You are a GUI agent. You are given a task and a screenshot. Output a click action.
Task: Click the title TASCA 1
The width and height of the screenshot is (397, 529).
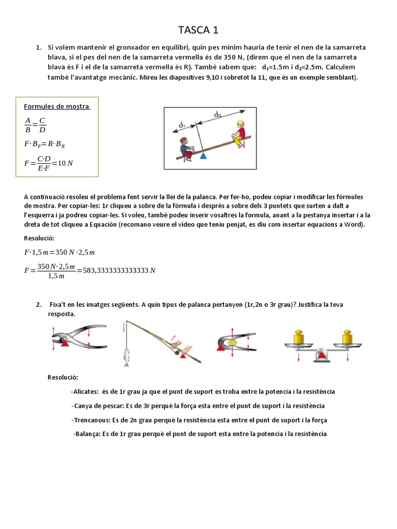pos(198,29)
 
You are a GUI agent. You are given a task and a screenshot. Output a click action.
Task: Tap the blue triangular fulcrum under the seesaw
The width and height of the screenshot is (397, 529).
pos(203,155)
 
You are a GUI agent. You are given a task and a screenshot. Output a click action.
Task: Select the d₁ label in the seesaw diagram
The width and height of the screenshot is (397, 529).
pos(182,125)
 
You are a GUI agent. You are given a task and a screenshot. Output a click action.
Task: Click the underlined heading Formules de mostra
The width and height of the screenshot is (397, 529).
pos(57,106)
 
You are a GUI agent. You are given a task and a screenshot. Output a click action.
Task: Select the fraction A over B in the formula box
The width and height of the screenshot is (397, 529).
pos(28,125)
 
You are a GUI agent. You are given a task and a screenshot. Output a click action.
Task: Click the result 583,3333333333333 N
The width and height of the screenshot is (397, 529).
pos(119,270)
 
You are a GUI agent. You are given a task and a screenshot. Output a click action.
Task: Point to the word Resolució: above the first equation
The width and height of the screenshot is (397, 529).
pos(39,238)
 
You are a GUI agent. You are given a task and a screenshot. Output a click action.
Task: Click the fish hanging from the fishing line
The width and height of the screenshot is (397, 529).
pos(126,356)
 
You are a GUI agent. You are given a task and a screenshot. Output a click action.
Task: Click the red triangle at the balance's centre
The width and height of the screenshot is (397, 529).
pos(322,355)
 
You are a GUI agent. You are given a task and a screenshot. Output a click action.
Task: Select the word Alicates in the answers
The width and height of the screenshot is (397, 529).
pos(86,392)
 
